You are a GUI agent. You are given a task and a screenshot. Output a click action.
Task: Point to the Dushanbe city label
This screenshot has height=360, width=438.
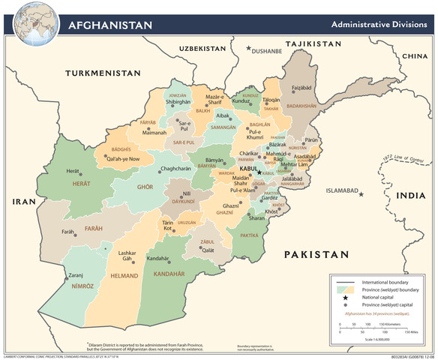[267, 52]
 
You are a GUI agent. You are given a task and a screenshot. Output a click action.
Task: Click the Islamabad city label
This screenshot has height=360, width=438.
[341, 190]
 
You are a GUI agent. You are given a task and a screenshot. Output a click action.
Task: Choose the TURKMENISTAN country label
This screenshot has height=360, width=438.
[103, 73]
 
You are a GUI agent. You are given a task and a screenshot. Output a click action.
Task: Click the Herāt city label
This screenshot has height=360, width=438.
[73, 172]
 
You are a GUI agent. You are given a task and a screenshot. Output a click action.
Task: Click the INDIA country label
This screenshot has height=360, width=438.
[410, 196]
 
